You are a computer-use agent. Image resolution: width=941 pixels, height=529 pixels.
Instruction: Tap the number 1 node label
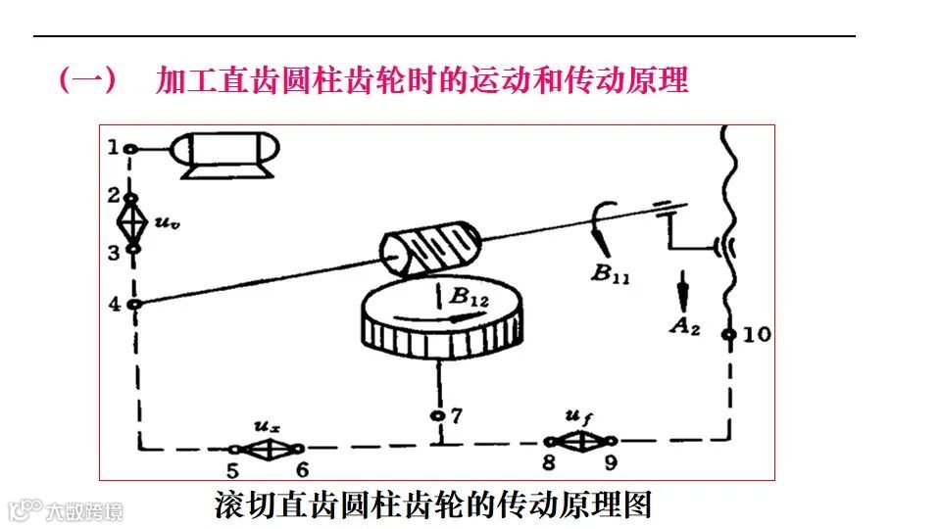coord(114,147)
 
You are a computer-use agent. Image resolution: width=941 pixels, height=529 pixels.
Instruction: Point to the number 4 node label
coord(115,304)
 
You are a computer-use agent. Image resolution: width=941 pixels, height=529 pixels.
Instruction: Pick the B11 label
coord(610,273)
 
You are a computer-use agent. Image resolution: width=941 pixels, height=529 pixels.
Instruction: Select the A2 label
coord(683,325)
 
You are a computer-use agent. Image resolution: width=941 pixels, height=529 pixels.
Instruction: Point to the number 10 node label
coord(757,334)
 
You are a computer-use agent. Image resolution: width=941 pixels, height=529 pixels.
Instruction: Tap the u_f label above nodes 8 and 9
coord(580,419)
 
